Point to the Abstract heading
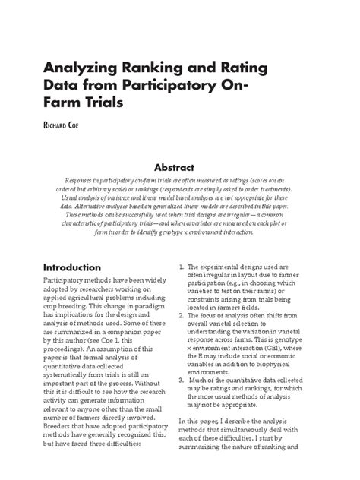(179, 167)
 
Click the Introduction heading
(82, 268)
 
